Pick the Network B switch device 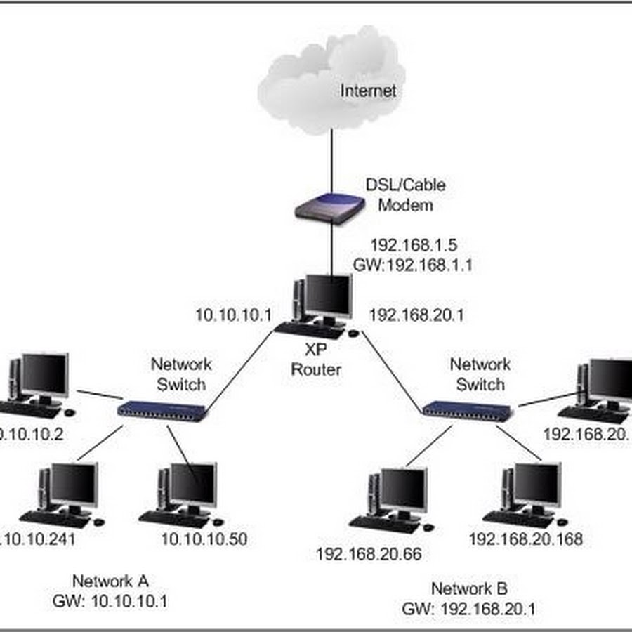click(468, 409)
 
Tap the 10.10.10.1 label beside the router click(233, 315)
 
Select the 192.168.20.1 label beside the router click(416, 315)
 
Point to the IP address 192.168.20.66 click(369, 554)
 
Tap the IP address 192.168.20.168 click(525, 539)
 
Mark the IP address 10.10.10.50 click(204, 539)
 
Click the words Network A click(111, 581)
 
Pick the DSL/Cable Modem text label click(405, 195)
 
